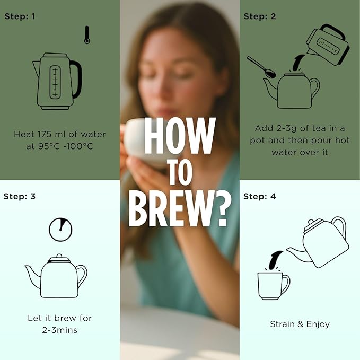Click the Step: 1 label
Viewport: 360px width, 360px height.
pos(20,16)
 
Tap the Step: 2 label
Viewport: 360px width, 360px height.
pos(260,16)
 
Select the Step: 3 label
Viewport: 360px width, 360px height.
pos(20,197)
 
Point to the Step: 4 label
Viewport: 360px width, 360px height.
pos(259,197)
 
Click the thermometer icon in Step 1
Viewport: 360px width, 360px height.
pos(87,35)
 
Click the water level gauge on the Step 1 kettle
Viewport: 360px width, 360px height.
pos(55,82)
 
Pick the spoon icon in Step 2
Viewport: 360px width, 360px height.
pos(261,67)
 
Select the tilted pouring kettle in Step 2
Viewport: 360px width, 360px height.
pos(328,45)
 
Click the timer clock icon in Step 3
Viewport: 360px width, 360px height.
pos(60,230)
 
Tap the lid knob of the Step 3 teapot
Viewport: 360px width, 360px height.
pos(59,256)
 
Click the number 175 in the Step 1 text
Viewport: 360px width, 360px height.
pos(45,134)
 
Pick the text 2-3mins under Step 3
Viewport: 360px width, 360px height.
pos(60,330)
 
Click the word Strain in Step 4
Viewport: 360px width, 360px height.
pos(282,324)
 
